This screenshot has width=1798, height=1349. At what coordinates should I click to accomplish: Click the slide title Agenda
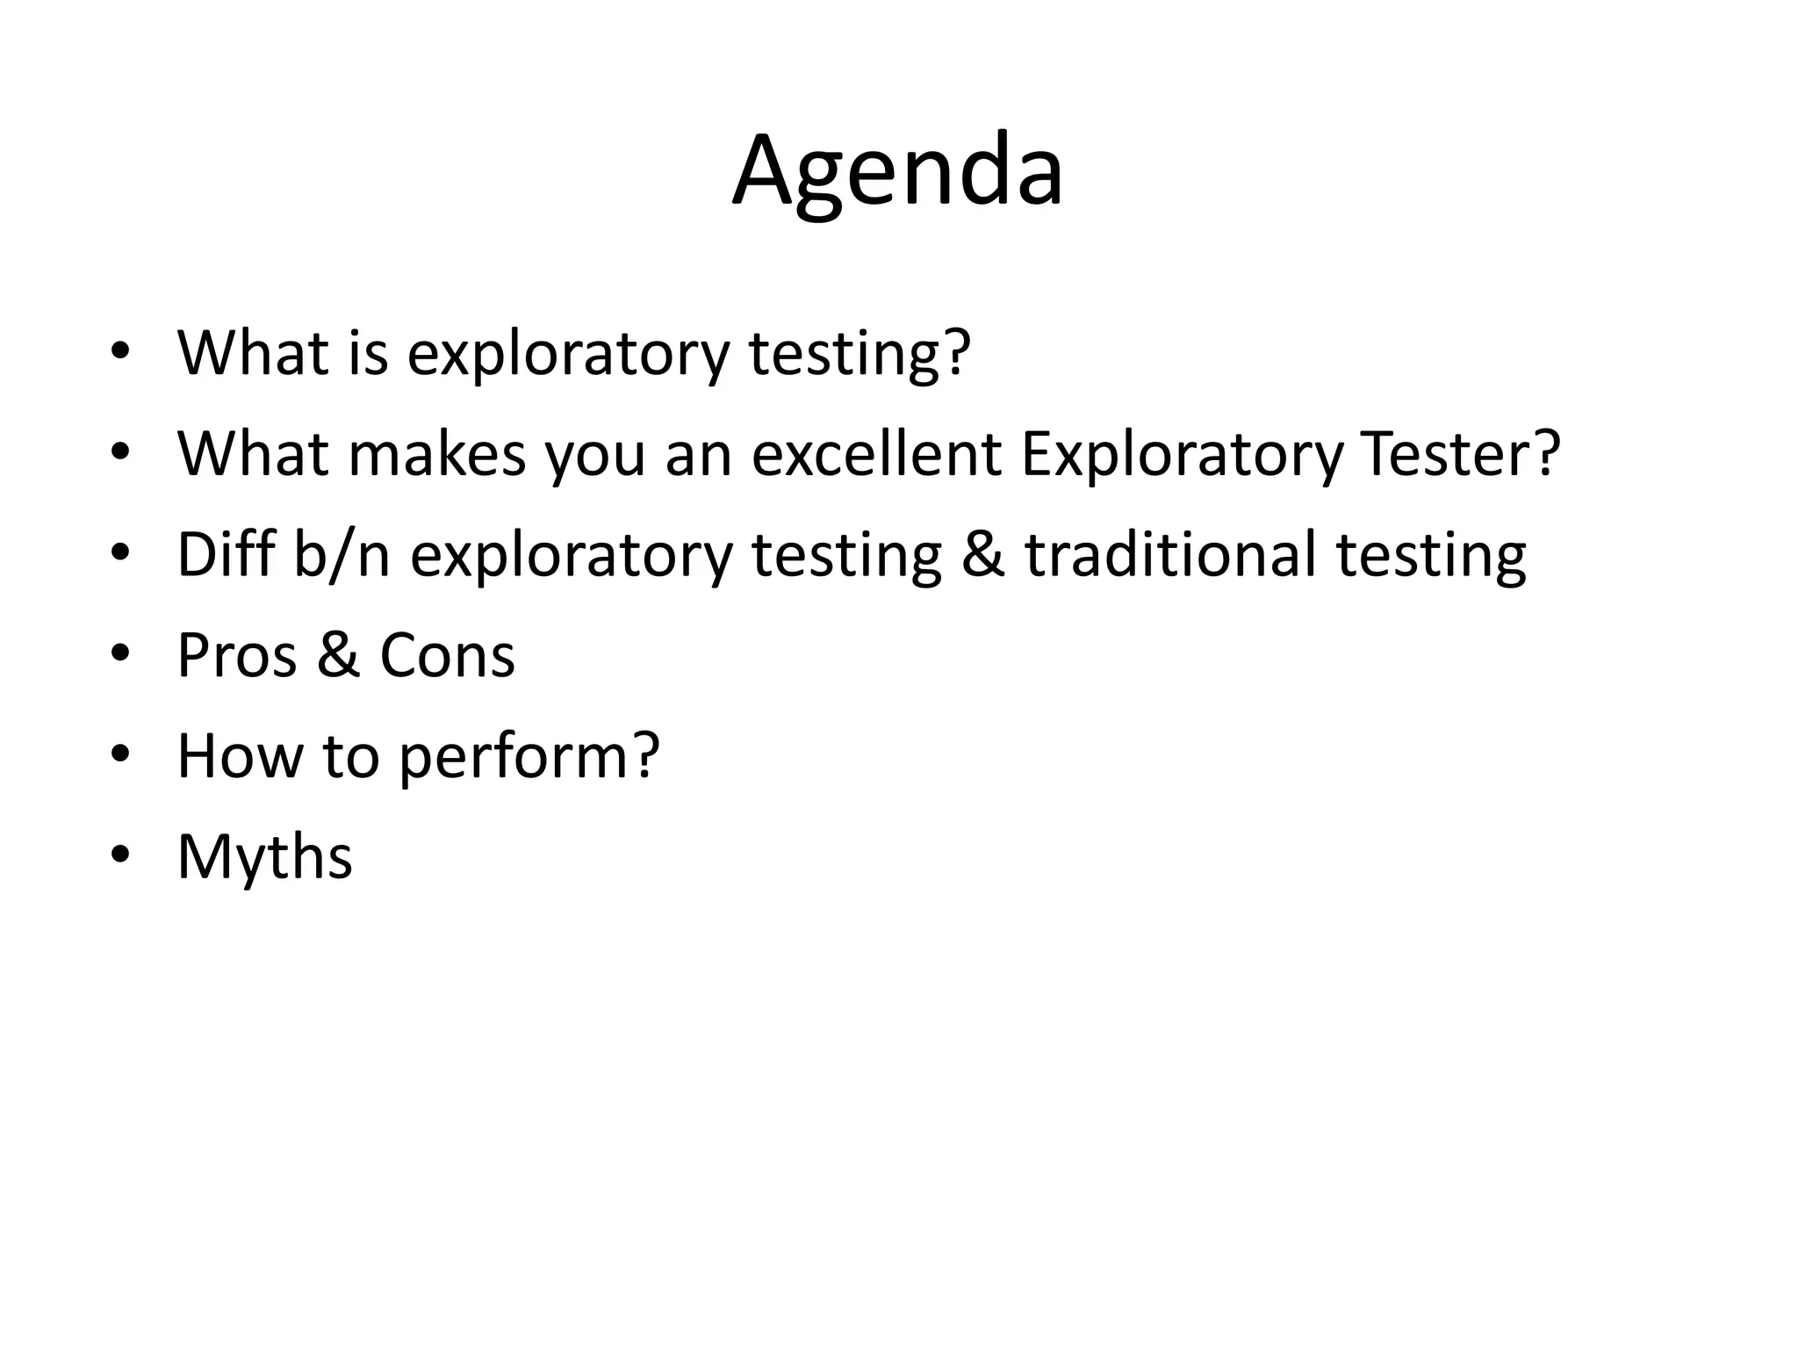[897, 171]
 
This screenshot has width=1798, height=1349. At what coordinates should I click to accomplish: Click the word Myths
[264, 856]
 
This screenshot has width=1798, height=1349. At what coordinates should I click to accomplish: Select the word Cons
[447, 655]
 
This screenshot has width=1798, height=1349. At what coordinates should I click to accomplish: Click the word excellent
[876, 454]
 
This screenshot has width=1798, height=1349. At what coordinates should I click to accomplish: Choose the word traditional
[1170, 555]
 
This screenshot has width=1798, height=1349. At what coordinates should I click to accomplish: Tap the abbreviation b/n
[342, 555]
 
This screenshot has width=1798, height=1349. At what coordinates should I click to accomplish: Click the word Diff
[226, 555]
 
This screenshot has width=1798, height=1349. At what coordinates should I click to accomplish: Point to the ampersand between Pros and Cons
[338, 655]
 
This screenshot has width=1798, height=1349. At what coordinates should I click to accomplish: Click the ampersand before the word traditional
[982, 555]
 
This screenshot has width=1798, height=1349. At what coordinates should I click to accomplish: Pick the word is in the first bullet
[368, 353]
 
